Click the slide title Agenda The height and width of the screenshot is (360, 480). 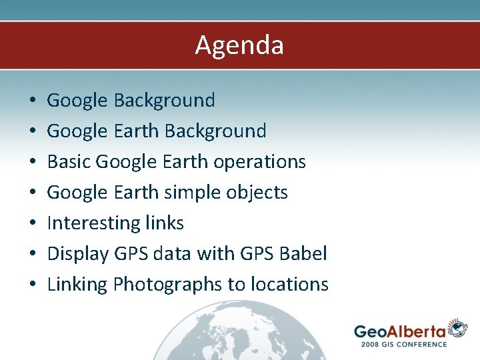[239, 45]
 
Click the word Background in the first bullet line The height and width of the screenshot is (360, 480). [164, 101]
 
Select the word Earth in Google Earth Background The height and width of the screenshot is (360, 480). [135, 131]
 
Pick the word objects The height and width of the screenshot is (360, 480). [257, 193]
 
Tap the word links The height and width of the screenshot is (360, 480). [164, 223]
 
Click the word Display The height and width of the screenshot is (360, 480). [76, 254]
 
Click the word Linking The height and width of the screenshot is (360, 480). [77, 285]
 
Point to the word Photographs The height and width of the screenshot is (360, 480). [168, 285]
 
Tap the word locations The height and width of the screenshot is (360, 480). [289, 285]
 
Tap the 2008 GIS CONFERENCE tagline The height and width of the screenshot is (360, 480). [403, 344]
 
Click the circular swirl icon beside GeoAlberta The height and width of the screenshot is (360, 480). [457, 328]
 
